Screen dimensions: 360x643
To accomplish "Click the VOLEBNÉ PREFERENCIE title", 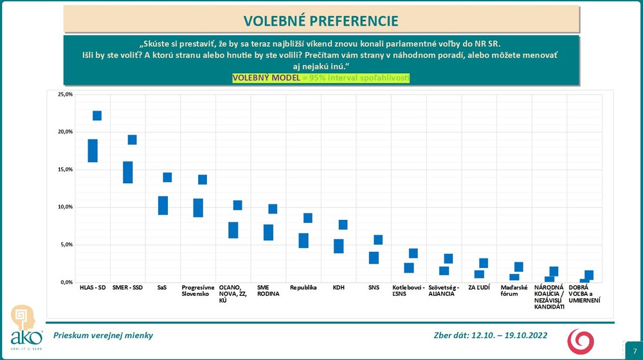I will point(321,21).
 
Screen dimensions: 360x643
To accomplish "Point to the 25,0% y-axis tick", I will point(65,94).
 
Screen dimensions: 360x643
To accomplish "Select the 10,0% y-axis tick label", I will point(65,207).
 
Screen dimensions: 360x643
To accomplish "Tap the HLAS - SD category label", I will point(93,288).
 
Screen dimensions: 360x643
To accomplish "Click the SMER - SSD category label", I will point(127,288).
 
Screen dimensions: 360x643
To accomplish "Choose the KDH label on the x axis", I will point(339,288).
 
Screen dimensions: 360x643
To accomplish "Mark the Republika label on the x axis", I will point(303,288).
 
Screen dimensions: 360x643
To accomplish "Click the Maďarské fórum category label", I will point(514,291).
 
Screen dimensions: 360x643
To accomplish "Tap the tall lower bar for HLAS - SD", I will point(93,150).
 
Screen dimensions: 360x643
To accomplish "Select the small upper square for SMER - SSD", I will point(132,139).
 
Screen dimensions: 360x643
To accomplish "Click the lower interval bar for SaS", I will point(163,205).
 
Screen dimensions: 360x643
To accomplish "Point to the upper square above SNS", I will point(378,240).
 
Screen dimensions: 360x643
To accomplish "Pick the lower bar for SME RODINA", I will point(268,232).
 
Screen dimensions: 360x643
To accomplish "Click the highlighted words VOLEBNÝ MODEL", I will point(266,78).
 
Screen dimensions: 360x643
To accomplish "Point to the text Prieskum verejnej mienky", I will point(103,336).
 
